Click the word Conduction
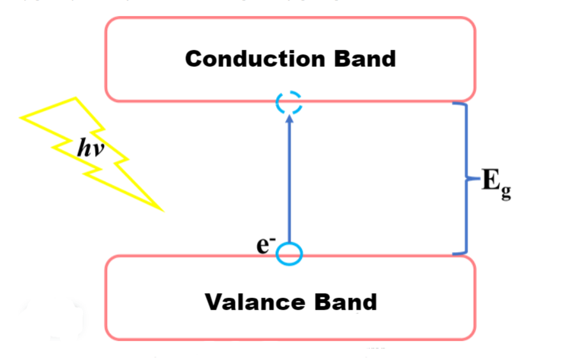pyautogui.click(x=255, y=59)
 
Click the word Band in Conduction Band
pyautogui.click(x=365, y=59)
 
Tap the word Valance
pyautogui.click(x=255, y=302)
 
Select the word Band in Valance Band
pyautogui.click(x=345, y=302)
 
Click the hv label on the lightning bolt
pyautogui.click(x=91, y=147)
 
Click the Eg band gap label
pyautogui.click(x=496, y=184)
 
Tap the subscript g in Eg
pyautogui.click(x=505, y=192)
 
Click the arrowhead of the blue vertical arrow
pyautogui.click(x=289, y=119)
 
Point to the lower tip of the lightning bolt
pyautogui.click(x=163, y=211)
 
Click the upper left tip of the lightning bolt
pyautogui.click(x=20, y=117)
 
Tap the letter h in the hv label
pyautogui.click(x=84, y=147)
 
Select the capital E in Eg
pyautogui.click(x=491, y=179)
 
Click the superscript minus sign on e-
pyautogui.click(x=273, y=239)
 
